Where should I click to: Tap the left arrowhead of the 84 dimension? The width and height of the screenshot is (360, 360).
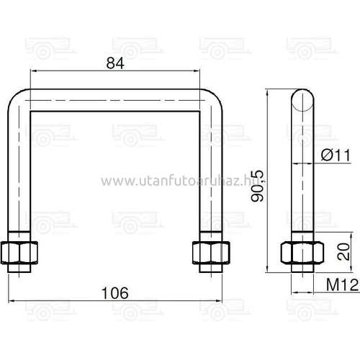(33, 71)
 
